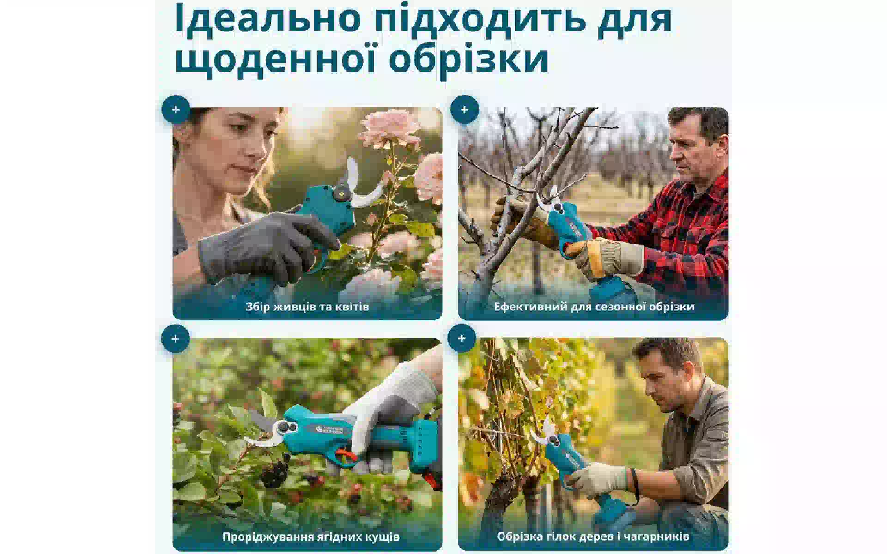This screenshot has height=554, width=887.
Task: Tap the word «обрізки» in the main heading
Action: tap(468, 59)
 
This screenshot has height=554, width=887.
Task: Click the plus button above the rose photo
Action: tap(176, 110)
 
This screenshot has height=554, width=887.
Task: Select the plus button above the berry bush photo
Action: tap(175, 338)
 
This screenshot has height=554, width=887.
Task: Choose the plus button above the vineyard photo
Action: tap(462, 338)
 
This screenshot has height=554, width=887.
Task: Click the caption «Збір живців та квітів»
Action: tap(307, 307)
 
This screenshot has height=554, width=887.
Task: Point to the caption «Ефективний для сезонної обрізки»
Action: tap(594, 307)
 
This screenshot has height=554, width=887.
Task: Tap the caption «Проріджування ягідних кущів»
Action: tap(311, 536)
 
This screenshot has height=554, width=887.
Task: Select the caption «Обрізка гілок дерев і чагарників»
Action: tap(593, 536)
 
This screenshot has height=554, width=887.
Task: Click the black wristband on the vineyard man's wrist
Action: tap(635, 485)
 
